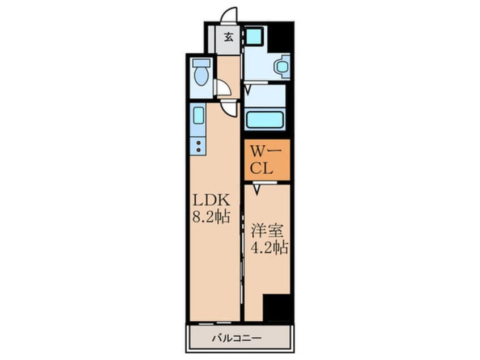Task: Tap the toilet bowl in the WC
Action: pos(201,73)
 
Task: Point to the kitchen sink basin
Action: pos(199,115)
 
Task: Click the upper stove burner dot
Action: pos(198,143)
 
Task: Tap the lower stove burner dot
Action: pos(198,150)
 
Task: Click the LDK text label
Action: pos(211,200)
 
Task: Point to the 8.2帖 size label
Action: pos(211,216)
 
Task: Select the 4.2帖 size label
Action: pos(269,248)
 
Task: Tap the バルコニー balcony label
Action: pos(237,338)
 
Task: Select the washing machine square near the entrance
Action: pos(254,36)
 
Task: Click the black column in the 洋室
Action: pos(276,307)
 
